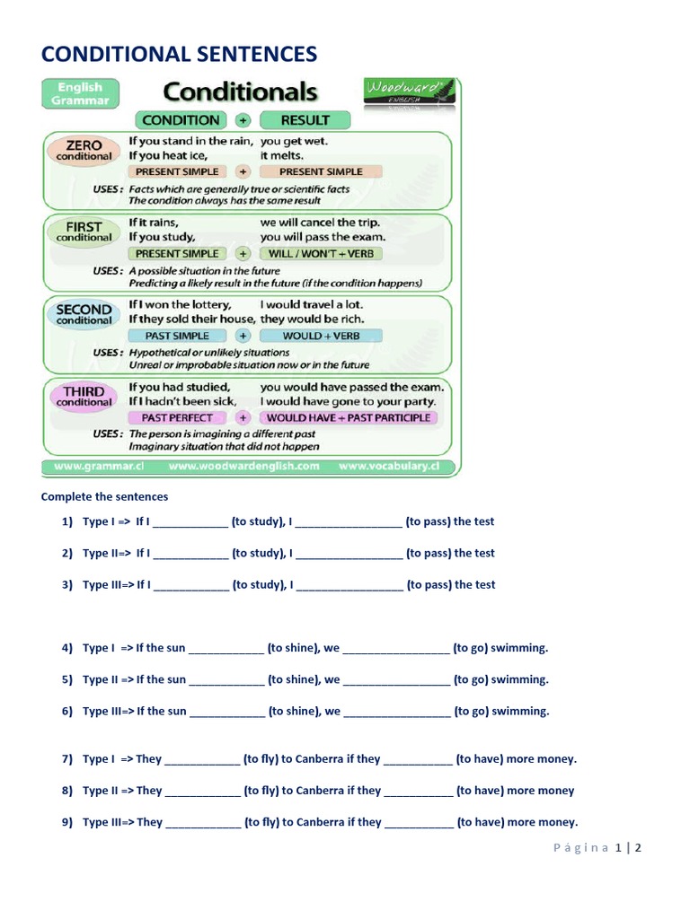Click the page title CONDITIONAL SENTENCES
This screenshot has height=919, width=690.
pos(179,54)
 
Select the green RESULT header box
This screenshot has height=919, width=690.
pos(305,120)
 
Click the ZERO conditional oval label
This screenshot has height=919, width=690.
pos(84,149)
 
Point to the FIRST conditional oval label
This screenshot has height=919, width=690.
pos(84,231)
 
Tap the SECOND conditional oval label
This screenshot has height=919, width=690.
pos(84,313)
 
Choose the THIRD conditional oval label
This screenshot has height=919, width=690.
pos(84,396)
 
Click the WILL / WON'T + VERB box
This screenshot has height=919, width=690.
pos(322,254)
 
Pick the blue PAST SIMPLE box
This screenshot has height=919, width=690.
pos(177,336)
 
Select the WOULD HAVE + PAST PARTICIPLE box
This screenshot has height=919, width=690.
pos(349,418)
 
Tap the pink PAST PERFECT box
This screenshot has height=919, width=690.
pos(177,418)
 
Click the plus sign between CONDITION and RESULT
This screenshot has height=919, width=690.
pos(242,120)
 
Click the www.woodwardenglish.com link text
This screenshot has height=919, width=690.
pos(243,467)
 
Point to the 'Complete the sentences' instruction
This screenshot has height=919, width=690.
pos(104,496)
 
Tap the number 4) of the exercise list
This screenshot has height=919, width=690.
pos(66,648)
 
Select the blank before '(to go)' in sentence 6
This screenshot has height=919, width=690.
pos(396,712)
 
